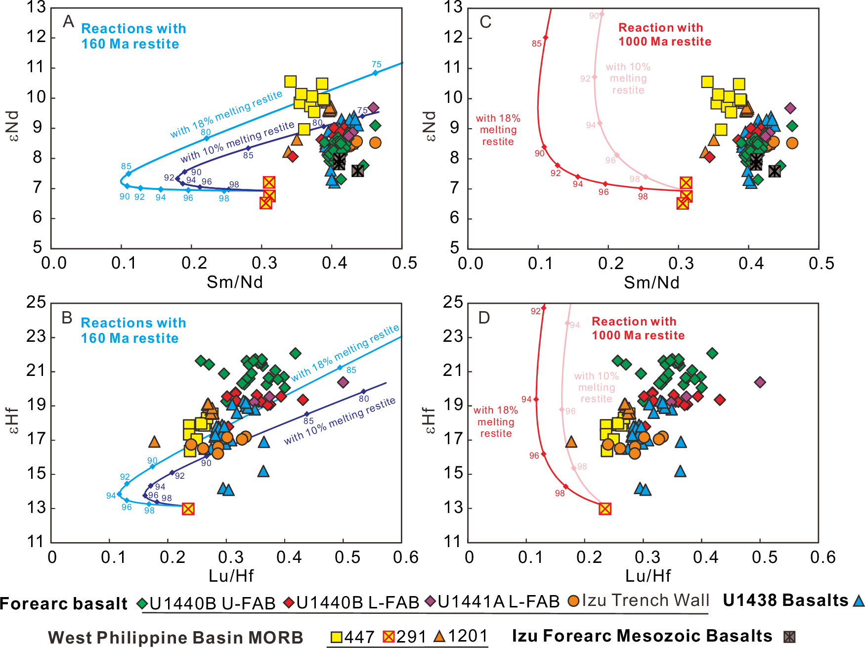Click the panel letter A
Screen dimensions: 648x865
(68, 21)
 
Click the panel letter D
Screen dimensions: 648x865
(484, 318)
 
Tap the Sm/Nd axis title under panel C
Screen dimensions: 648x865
(651, 282)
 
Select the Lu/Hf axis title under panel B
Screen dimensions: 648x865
(231, 576)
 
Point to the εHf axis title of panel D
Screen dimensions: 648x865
(430, 420)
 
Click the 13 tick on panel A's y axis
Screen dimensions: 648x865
(36, 7)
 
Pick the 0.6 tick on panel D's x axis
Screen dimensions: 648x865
(822, 557)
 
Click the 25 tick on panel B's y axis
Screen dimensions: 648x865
(36, 302)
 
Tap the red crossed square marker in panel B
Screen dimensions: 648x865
(188, 509)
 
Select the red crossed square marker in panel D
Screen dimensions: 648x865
(605, 509)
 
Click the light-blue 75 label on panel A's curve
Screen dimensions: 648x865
(376, 64)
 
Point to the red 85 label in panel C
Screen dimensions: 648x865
(536, 44)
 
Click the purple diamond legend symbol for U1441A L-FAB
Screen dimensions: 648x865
(431, 602)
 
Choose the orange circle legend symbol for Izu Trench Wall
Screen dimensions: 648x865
(573, 601)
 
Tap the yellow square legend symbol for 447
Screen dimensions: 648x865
(337, 637)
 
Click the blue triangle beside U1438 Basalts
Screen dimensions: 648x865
(859, 601)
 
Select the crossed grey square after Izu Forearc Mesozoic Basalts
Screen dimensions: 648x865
(789, 637)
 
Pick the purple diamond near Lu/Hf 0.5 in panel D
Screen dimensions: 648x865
(760, 382)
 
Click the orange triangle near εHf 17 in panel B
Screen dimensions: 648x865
(154, 442)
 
